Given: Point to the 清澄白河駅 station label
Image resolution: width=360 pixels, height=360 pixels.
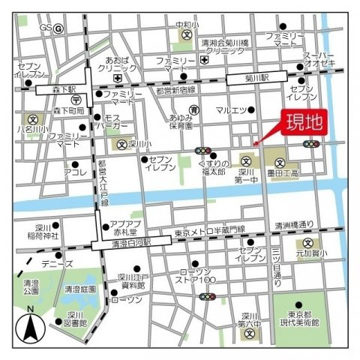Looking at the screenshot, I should coord(121,244).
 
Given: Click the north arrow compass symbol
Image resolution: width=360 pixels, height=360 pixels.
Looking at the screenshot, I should coord(30,324).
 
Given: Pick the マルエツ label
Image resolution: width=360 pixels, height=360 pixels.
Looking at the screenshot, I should coord(232,111).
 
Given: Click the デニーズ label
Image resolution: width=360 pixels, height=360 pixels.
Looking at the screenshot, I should coord(58,264).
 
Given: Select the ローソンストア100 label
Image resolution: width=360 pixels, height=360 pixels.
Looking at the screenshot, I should coord(197,277).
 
